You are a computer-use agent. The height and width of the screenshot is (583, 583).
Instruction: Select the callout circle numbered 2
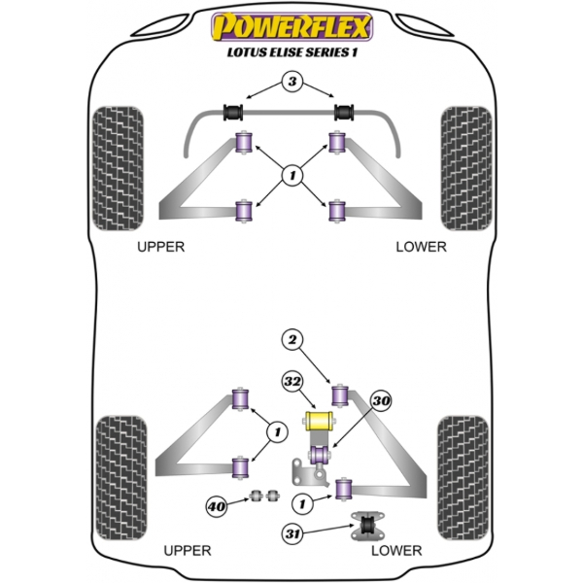click(291, 339)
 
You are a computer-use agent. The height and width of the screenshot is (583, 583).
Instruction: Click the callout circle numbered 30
click(381, 400)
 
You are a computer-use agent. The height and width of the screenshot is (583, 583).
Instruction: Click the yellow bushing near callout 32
click(318, 421)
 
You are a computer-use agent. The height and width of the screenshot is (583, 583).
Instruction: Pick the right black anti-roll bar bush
click(343, 110)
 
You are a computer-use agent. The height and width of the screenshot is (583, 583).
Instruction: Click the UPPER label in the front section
click(160, 247)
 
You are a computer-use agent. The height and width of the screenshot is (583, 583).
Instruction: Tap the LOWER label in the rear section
click(396, 551)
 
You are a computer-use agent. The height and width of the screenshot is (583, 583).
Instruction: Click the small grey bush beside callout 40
click(259, 497)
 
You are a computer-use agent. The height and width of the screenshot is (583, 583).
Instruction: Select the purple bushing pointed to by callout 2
click(341, 394)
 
